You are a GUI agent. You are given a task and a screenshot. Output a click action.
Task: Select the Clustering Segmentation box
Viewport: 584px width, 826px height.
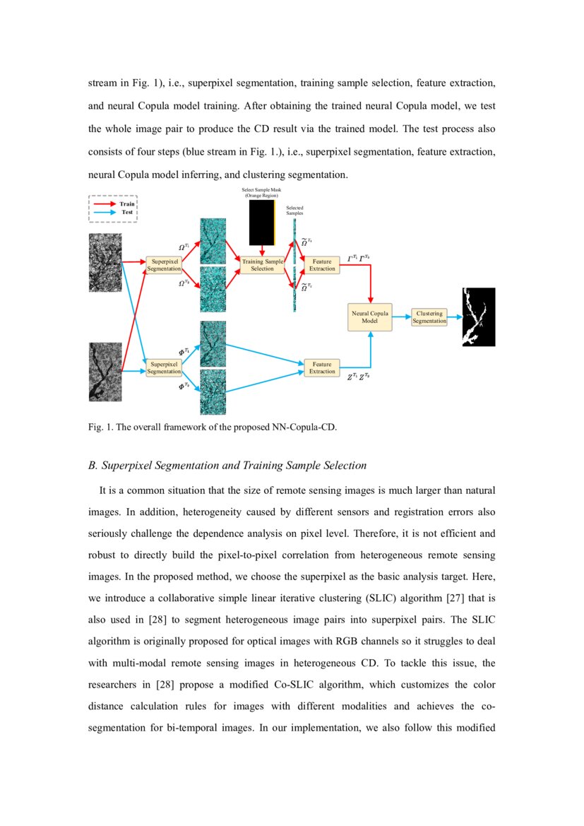point(429,317)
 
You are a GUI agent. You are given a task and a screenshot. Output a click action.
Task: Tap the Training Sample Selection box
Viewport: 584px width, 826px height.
point(262,265)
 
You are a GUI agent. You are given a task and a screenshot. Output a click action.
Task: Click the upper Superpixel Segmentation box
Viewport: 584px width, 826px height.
point(164,265)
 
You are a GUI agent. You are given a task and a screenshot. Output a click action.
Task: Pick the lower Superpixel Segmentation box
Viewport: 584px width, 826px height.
point(164,367)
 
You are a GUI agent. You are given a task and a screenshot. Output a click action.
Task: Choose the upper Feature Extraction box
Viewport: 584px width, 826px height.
point(322,265)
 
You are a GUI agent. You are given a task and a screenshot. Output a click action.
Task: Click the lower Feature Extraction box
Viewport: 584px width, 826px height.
point(322,367)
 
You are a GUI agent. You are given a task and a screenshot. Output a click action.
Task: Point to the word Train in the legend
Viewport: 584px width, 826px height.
point(127,203)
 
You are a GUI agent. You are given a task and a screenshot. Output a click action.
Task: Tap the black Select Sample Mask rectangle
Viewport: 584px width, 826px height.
point(261,222)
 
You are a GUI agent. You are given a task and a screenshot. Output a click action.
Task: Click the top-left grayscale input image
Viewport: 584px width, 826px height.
point(105,263)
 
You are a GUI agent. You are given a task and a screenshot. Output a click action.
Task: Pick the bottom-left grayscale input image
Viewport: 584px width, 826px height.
point(105,371)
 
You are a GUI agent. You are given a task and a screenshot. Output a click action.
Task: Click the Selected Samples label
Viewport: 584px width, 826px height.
point(294,210)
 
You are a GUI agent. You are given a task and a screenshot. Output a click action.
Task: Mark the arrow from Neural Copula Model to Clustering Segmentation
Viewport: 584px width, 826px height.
point(402,317)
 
